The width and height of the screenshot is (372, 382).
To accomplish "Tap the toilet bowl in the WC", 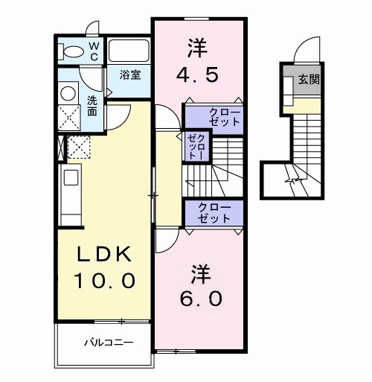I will pos(73,51).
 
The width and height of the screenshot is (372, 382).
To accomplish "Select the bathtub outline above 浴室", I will pos(129,51).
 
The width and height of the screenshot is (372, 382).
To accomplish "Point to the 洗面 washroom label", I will pos(92,105).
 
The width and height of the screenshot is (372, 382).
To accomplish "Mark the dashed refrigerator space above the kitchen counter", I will pos(78,147).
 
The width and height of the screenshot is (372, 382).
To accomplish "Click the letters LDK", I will pos(105,255).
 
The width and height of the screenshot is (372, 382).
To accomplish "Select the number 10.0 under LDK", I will pos(103,281).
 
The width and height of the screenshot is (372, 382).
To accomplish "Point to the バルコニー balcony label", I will pos(107,343).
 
